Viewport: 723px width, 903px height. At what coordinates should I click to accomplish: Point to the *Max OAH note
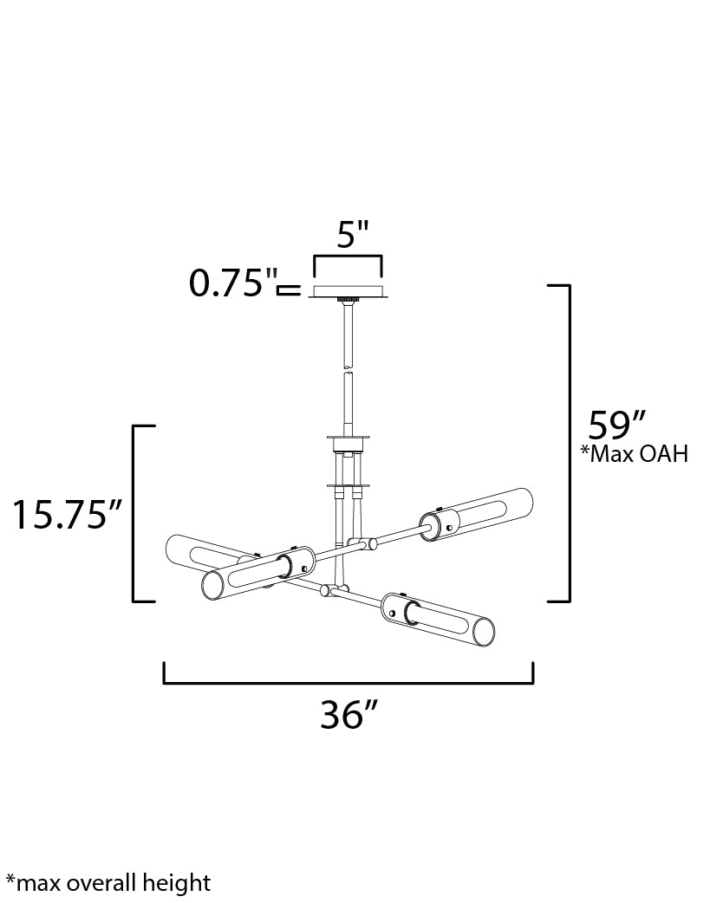[x=634, y=454]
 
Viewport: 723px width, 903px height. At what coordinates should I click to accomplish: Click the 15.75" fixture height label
[x=67, y=514]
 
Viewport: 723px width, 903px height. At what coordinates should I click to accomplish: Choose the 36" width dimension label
[x=348, y=715]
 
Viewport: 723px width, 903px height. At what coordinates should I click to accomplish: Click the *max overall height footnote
[x=108, y=883]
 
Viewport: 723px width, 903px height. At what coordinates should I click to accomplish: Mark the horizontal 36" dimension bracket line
[x=348, y=683]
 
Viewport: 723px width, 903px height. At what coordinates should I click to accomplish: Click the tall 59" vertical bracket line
[x=570, y=444]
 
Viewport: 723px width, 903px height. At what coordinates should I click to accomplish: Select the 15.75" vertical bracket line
[x=134, y=514]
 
